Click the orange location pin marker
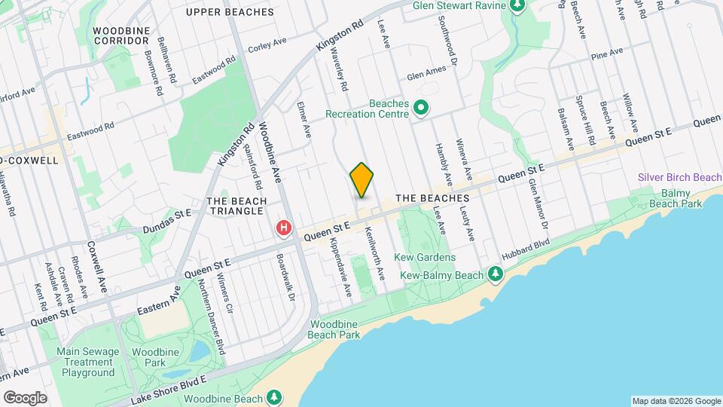(362, 180)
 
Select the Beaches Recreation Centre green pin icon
(421, 109)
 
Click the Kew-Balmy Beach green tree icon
(495, 274)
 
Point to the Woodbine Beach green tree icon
(275, 397)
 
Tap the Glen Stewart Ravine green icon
(517, 6)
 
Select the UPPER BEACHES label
(230, 12)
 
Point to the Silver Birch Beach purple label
(679, 177)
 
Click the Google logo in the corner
(25, 397)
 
